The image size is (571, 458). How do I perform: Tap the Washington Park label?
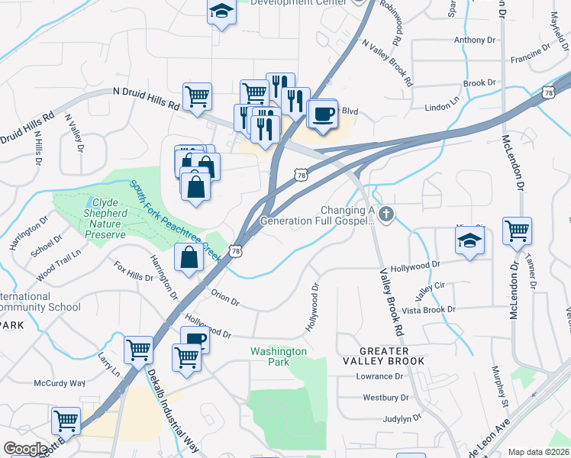279,356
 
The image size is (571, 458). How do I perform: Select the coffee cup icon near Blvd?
324,114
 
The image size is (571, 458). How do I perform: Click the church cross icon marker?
386,214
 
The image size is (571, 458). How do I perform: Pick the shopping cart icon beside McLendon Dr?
517,231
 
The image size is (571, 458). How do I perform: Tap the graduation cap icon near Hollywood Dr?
469,241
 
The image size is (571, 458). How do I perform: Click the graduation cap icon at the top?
221,11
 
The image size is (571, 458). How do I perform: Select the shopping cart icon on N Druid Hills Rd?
197,97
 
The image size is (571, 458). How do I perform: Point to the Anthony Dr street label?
474,40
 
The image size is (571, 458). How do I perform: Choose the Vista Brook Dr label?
428,309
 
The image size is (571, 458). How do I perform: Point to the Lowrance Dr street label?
379,376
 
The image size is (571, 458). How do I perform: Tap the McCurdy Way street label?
59,382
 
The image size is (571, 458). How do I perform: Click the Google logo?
26,449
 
